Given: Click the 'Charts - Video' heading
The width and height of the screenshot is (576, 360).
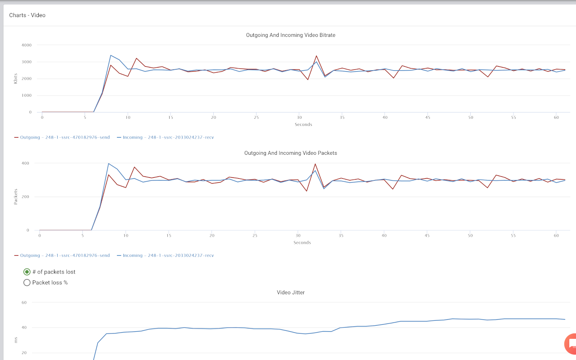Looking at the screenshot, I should tap(27, 15).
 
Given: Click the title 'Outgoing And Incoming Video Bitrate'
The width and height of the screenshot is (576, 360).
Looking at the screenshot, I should tap(290, 35).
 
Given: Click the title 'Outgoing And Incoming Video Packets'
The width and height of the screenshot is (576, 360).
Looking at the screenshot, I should tap(290, 153).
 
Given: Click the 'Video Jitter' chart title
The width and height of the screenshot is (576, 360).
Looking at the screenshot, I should tap(290, 292).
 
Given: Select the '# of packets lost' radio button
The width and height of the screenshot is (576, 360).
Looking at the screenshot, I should tap(27, 272).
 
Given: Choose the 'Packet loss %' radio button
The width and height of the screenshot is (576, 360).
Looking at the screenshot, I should tap(27, 283).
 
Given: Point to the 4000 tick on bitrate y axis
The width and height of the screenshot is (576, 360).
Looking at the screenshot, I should tap(27, 45).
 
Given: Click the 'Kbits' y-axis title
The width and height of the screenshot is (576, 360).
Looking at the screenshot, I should tap(16, 79).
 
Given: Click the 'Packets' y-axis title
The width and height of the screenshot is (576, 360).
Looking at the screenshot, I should tap(16, 197).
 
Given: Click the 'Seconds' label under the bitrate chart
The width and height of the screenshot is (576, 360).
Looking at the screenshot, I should tap(303, 125).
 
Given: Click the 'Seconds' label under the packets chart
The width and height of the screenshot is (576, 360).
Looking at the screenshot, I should tap(302, 243).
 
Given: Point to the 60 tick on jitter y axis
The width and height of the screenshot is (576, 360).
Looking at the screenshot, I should tap(24, 302).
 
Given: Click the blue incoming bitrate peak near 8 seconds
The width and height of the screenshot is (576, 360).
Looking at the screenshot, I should tap(111, 55).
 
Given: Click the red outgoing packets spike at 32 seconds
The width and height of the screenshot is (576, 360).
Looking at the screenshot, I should tap(315, 164).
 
